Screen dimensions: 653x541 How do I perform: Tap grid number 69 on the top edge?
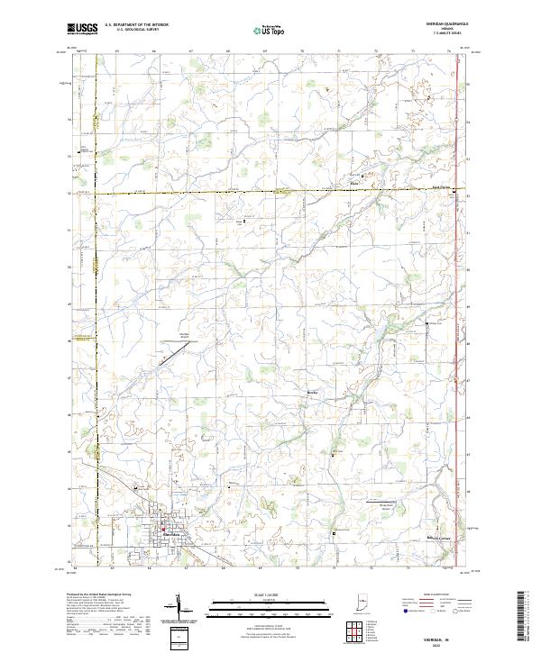262,51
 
